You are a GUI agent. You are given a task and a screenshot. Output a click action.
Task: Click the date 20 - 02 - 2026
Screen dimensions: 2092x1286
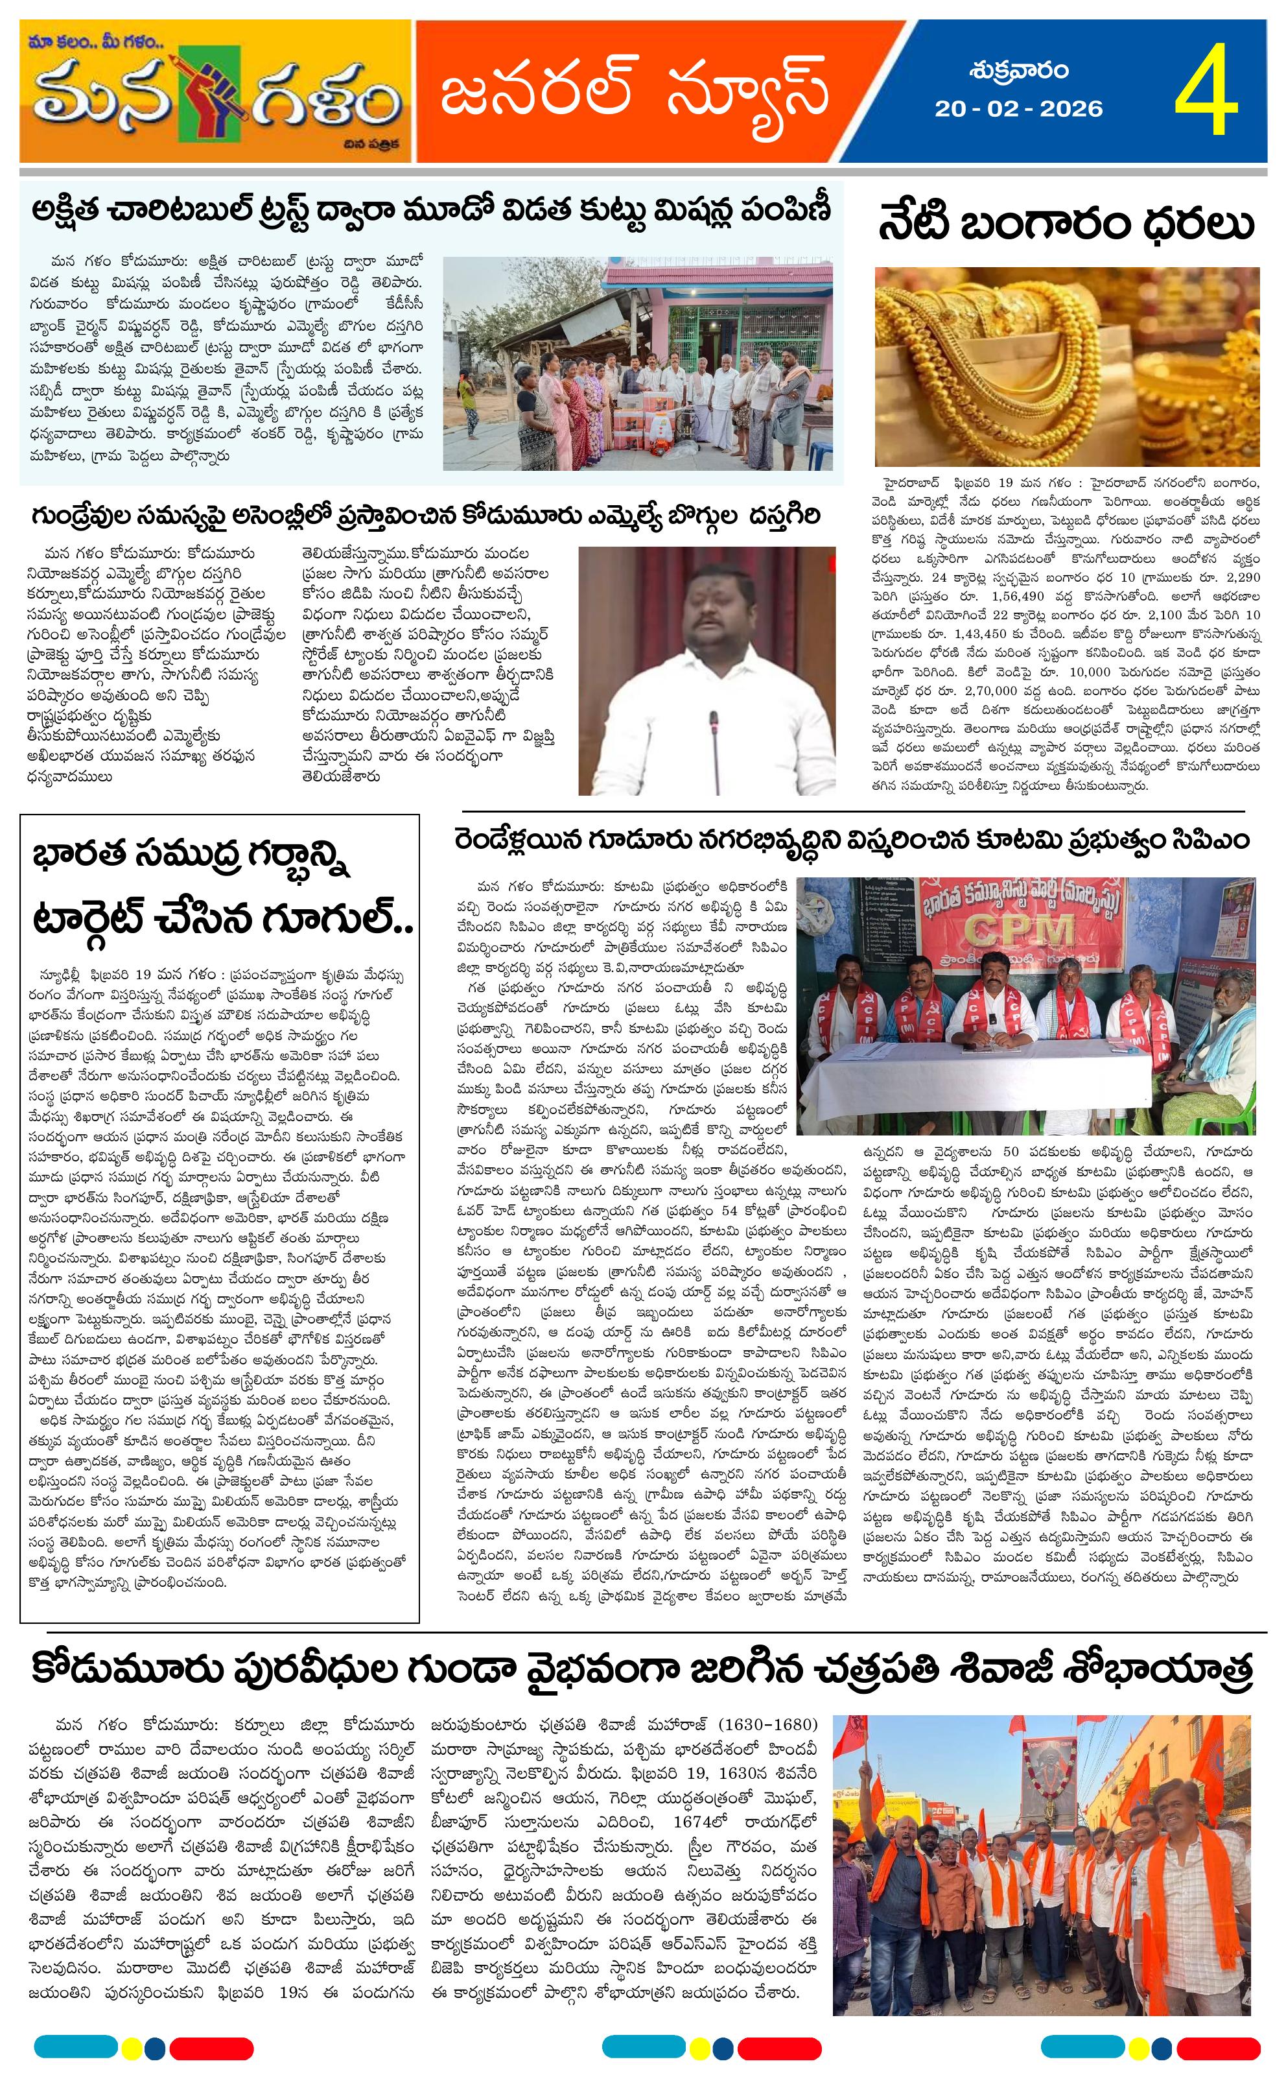pos(1018,109)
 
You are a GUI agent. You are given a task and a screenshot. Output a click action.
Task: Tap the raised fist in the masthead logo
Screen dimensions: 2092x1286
pos(208,99)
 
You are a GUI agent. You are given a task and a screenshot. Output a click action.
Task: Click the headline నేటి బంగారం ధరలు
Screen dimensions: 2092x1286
pos(1066,226)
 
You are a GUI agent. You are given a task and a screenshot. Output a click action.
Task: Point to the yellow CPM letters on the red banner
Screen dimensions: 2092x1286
pos(1013,931)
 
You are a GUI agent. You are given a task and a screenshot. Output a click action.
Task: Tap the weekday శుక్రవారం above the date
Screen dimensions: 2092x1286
pos(1018,71)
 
